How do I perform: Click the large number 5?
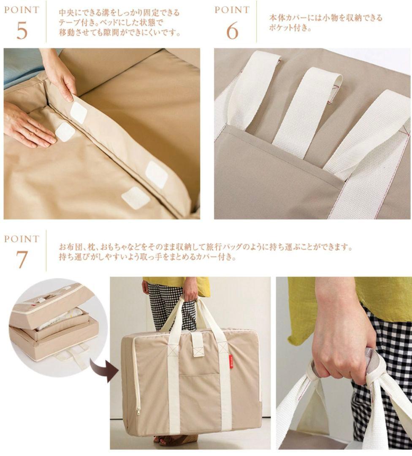coord(22,30)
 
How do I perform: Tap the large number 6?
coord(232,30)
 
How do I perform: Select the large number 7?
coord(22,259)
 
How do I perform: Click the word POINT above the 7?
coord(22,239)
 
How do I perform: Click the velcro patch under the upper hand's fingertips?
coord(79,112)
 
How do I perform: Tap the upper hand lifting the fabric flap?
coord(59,72)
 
